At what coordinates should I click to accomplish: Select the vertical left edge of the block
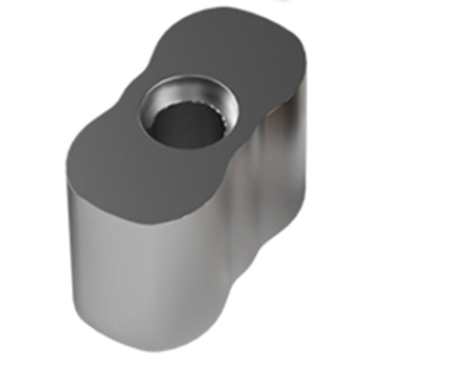pyautogui.click(x=68, y=237)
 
